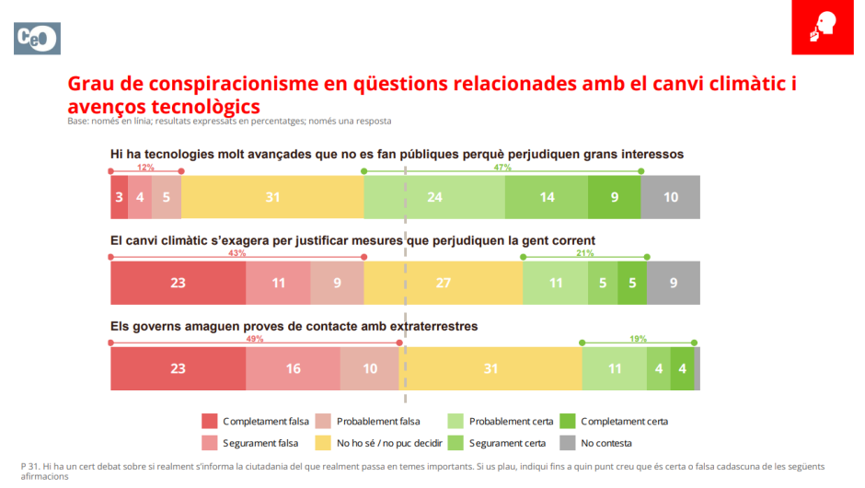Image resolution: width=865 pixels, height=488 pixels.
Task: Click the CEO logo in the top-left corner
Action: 37,38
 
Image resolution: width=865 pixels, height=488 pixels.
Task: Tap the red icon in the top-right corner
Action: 822,29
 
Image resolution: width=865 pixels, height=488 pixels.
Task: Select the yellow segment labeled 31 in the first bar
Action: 272,197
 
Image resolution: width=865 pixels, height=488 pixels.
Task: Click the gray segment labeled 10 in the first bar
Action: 670,197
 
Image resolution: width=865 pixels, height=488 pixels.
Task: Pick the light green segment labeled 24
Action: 434,197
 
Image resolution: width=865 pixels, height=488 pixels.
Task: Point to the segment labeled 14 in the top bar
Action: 547,197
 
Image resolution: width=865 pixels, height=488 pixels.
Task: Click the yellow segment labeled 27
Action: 444,283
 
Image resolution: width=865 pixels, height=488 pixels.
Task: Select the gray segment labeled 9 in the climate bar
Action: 674,283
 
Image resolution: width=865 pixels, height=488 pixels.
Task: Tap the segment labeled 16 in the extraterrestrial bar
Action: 293,369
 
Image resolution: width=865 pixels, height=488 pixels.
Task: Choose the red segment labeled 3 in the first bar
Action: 119,197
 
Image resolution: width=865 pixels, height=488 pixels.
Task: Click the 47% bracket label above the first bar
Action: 502,168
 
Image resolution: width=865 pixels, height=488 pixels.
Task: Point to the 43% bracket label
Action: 236,253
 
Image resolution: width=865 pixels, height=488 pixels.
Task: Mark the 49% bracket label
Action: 255,339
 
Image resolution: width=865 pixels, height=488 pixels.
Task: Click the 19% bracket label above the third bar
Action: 639,339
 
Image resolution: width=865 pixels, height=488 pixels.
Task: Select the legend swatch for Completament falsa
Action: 210,422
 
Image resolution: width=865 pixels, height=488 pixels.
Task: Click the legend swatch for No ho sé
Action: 323,443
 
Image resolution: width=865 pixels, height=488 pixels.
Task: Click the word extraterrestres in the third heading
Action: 432,326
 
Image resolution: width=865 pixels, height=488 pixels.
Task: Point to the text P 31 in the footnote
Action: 29,466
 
